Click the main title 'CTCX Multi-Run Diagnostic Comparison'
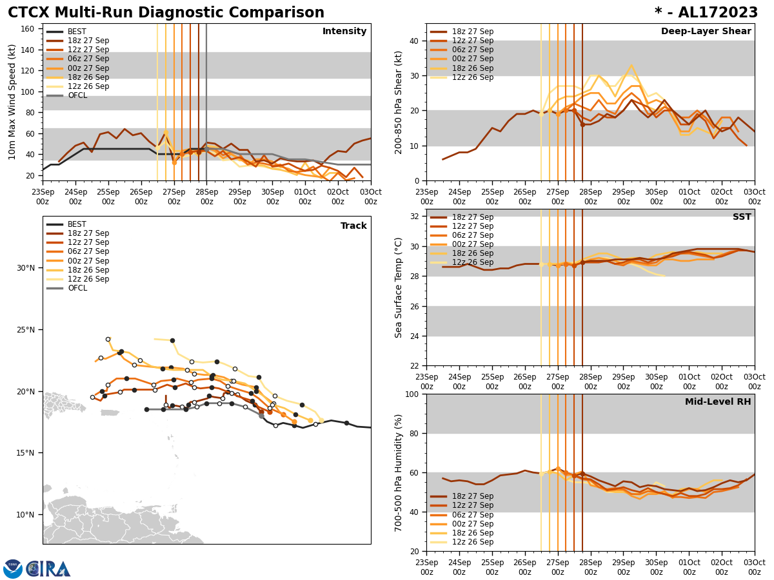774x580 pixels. (x=166, y=13)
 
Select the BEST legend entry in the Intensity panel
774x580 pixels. (x=77, y=32)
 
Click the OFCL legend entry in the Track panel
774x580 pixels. (x=77, y=288)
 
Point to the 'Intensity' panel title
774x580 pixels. (x=344, y=32)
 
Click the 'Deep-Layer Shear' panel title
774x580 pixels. (x=706, y=32)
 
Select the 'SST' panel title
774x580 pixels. (x=742, y=217)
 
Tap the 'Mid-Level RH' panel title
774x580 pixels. (x=718, y=402)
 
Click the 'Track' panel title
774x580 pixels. (x=353, y=226)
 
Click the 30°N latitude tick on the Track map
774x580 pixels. (x=25, y=268)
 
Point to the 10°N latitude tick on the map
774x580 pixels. (x=25, y=514)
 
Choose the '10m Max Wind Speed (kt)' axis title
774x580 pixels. (x=12, y=102)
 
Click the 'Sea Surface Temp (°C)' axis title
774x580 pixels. (x=399, y=287)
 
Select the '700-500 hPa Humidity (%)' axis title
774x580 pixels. (x=399, y=472)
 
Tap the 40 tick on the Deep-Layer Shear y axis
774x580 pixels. (x=414, y=41)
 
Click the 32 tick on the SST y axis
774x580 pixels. (x=414, y=217)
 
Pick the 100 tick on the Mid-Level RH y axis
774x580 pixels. (x=412, y=394)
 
